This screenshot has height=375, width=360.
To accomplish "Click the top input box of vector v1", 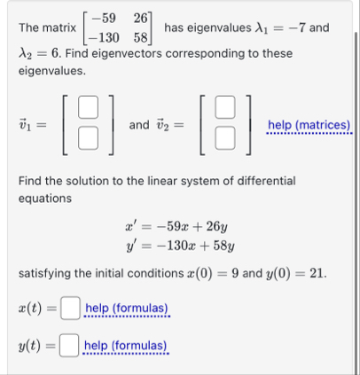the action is pyautogui.click(x=86, y=113).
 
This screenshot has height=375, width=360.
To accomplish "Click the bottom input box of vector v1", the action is pyautogui.click(x=86, y=138).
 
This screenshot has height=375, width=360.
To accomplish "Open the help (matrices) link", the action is pyautogui.click(x=309, y=126).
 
